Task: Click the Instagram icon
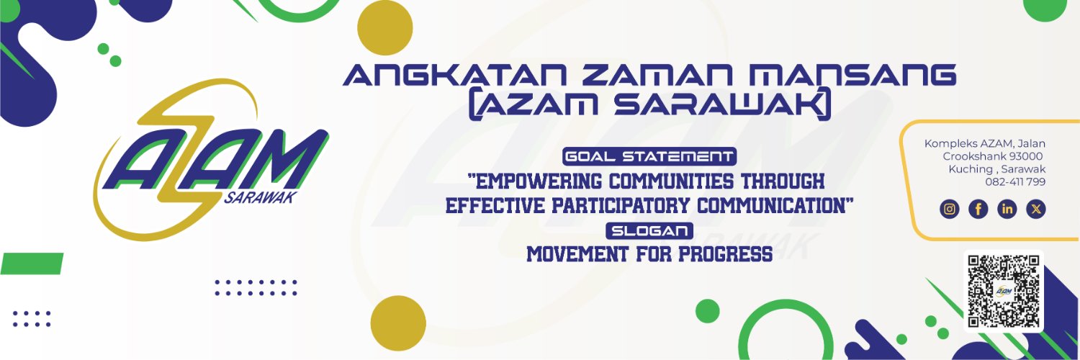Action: (x=950, y=209)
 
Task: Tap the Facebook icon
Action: (x=978, y=209)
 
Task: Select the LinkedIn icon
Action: (x=1007, y=209)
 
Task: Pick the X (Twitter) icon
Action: (x=1036, y=209)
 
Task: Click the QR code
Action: (x=1004, y=291)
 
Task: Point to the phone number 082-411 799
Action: (x=1015, y=181)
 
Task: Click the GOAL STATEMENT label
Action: (x=649, y=157)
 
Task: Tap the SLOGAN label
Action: (x=649, y=231)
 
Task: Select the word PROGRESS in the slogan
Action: (x=725, y=254)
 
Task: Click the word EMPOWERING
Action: (x=535, y=181)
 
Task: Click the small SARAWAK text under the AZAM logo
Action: (x=261, y=197)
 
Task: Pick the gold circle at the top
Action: (x=384, y=27)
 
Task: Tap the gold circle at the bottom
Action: (x=398, y=323)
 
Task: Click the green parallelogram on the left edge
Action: (x=32, y=264)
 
